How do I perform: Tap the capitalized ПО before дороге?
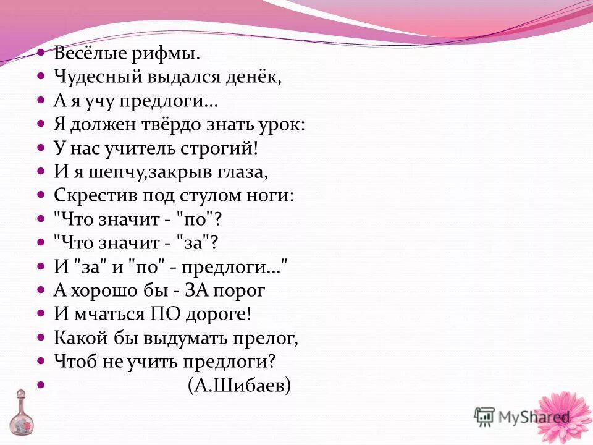(163, 313)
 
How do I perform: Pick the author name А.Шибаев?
(240, 385)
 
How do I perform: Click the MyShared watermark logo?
(522, 417)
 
